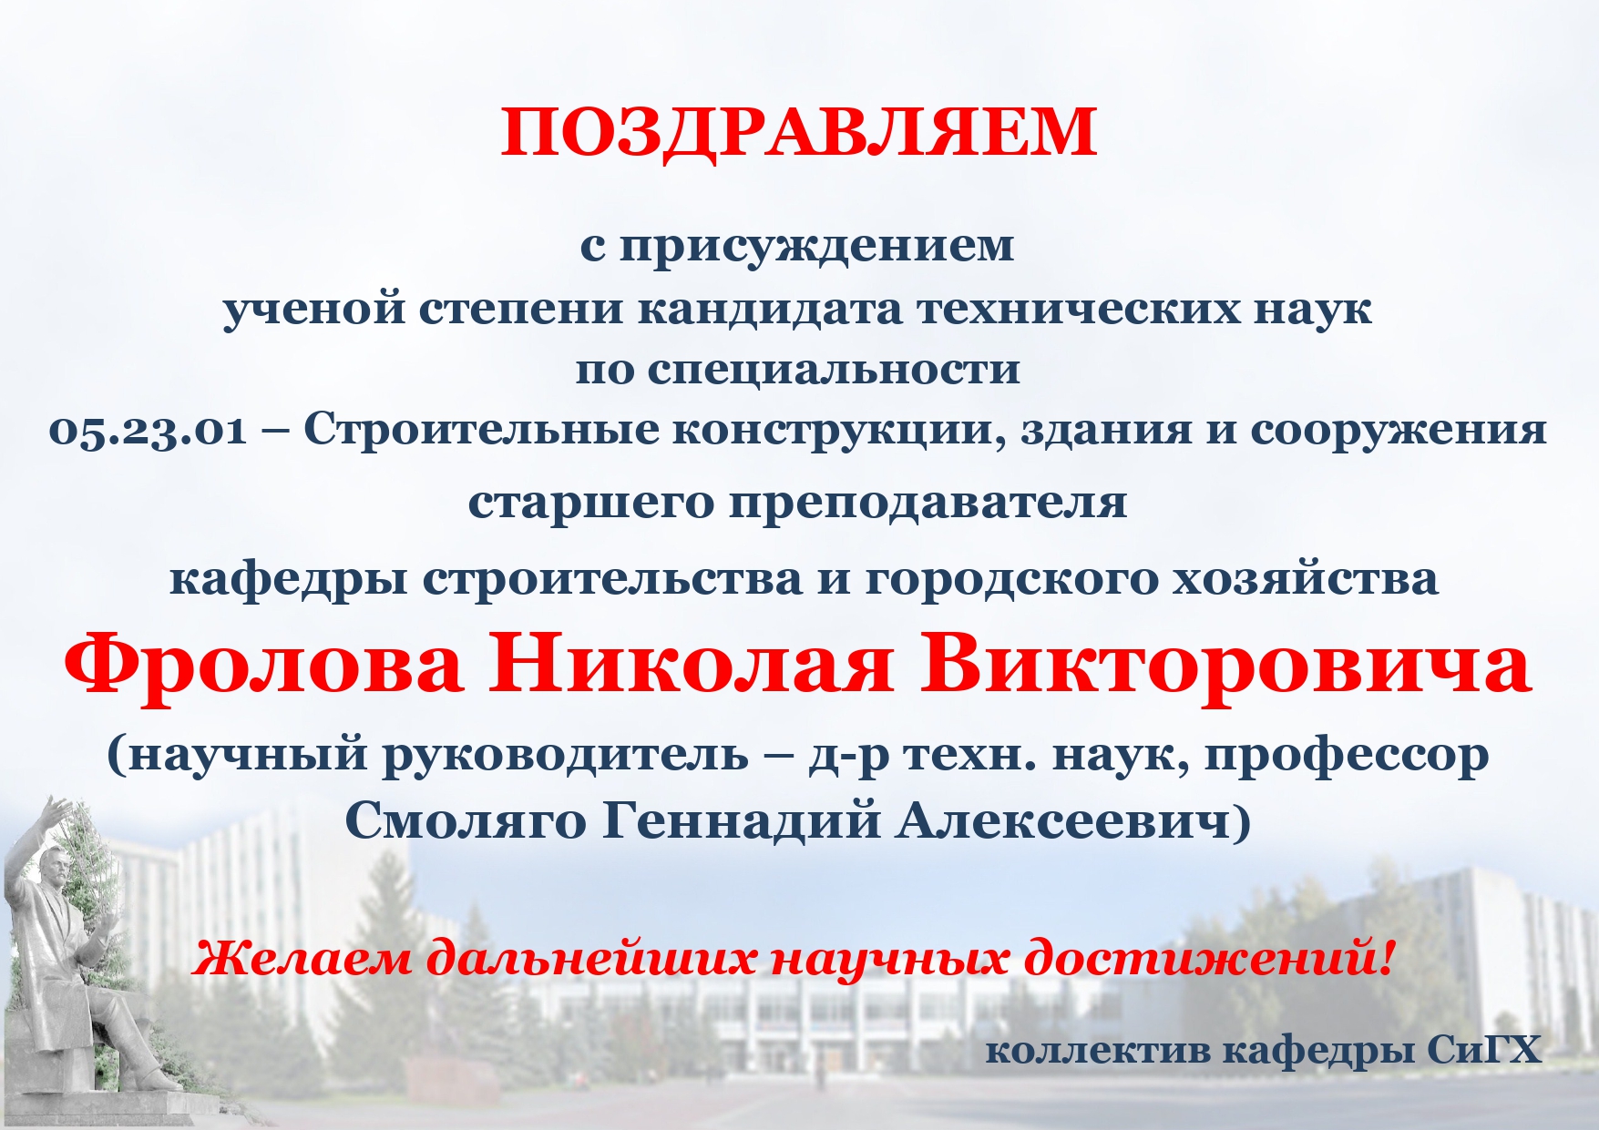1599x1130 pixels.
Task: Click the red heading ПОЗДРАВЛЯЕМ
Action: pyautogui.click(x=799, y=133)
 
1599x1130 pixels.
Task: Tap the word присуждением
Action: pyautogui.click(x=816, y=247)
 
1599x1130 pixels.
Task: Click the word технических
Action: pyautogui.click(x=1078, y=310)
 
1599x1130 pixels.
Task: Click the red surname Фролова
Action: pyautogui.click(x=262, y=665)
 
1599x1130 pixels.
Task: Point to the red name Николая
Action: pyautogui.click(x=690, y=665)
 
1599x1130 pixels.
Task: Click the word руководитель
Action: pyautogui.click(x=565, y=755)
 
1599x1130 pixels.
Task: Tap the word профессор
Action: pyautogui.click(x=1348, y=756)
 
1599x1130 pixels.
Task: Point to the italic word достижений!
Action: pyautogui.click(x=1209, y=959)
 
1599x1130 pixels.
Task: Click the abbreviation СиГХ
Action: pyautogui.click(x=1484, y=1051)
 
